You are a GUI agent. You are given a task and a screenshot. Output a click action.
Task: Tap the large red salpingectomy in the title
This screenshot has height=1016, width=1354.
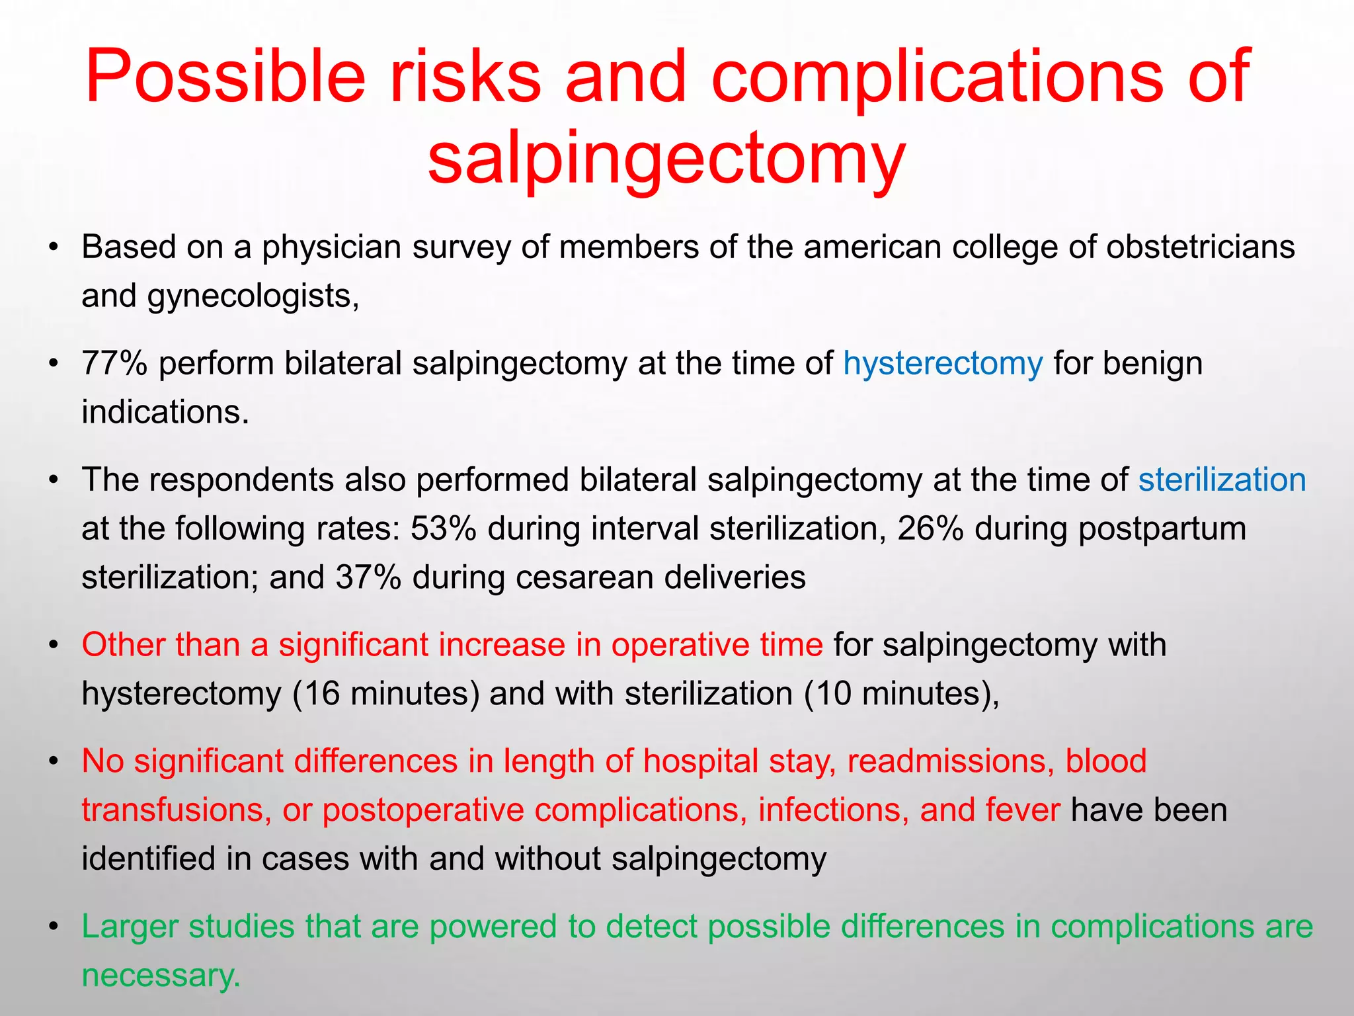pyautogui.click(x=666, y=159)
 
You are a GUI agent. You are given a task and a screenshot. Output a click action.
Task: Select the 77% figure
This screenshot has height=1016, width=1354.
pyautogui.click(x=114, y=363)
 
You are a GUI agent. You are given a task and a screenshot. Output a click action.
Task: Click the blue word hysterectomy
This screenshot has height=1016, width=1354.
pyautogui.click(x=943, y=364)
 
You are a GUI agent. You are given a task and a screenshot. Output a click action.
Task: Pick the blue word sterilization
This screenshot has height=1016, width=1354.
pyautogui.click(x=1222, y=480)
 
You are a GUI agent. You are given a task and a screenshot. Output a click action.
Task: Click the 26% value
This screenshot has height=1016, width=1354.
pyautogui.click(x=930, y=529)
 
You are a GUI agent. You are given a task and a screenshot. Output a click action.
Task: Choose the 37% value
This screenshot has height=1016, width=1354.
pyautogui.click(x=368, y=577)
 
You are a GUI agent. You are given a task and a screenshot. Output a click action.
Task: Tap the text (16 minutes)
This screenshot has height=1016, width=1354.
pyautogui.click(x=385, y=694)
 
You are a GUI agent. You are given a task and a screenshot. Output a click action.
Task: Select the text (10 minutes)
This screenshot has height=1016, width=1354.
pyautogui.click(x=901, y=694)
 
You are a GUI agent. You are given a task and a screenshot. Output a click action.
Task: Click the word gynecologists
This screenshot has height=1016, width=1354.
pyautogui.click(x=253, y=296)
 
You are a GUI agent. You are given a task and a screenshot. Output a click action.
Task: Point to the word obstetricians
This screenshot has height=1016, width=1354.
pyautogui.click(x=1200, y=247)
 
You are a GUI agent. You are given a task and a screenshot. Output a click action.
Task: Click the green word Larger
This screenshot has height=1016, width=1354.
pyautogui.click(x=130, y=927)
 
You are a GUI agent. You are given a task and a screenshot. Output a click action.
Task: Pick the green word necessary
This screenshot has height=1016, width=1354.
pyautogui.click(x=160, y=976)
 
